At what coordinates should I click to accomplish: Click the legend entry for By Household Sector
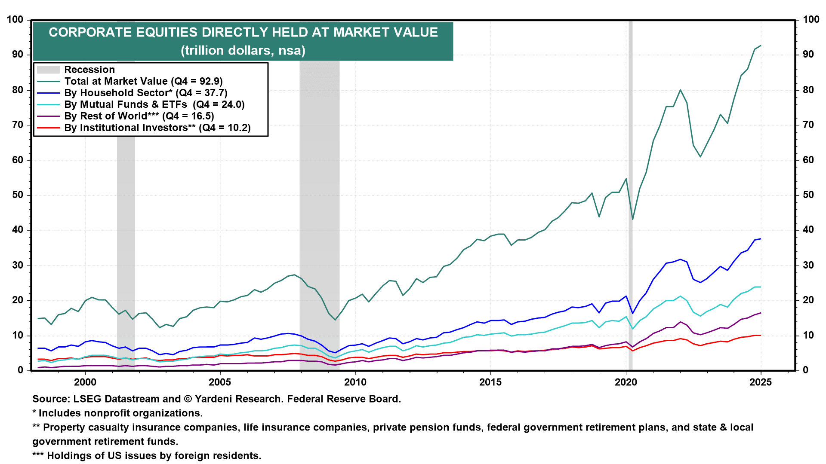[145, 93]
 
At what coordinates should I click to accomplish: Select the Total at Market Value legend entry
[143, 81]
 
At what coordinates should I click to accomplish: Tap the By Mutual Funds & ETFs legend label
[154, 104]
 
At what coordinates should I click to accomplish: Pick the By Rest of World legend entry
[139, 116]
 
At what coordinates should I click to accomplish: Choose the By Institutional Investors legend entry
[157, 128]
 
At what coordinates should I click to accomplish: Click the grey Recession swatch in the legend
[48, 70]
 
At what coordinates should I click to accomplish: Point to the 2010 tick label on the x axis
[355, 382]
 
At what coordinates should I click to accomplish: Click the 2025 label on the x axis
[761, 382]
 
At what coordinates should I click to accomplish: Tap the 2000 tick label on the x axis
[85, 382]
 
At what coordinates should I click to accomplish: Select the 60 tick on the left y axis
[18, 160]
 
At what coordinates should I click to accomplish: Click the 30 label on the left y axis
[18, 265]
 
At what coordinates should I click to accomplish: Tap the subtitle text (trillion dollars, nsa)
[243, 51]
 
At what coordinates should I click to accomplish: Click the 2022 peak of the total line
[680, 90]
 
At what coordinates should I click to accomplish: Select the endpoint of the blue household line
[761, 239]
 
